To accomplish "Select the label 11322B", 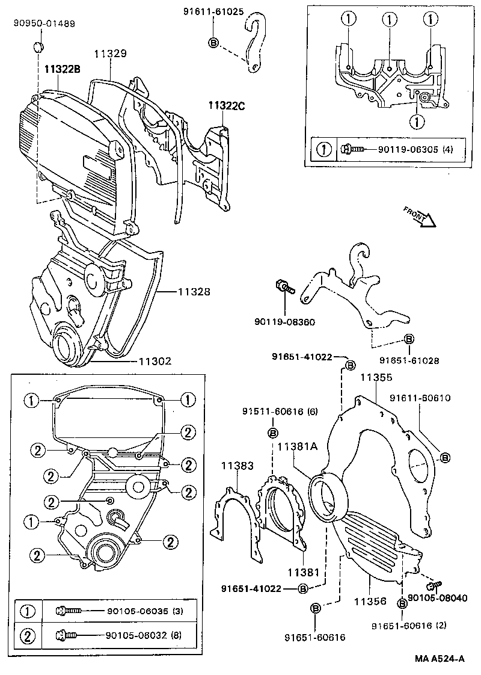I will [62, 69].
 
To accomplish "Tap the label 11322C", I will [227, 105].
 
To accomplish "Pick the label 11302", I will [155, 362].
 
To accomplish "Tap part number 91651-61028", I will [409, 361].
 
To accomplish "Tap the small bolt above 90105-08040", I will [434, 584].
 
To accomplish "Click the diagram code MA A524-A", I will [440, 658].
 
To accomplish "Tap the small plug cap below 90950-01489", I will [40, 46].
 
